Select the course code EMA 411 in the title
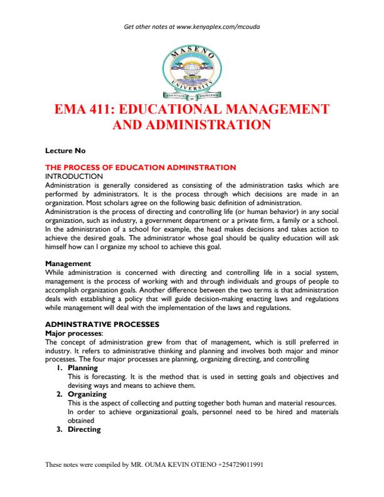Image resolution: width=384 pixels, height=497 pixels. (x=83, y=109)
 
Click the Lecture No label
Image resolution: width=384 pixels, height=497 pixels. (x=65, y=151)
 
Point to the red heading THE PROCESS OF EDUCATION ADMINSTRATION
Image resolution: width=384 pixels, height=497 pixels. (x=141, y=168)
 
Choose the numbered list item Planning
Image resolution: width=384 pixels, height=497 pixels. (x=82, y=368)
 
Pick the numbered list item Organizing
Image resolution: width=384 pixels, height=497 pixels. (x=87, y=394)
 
